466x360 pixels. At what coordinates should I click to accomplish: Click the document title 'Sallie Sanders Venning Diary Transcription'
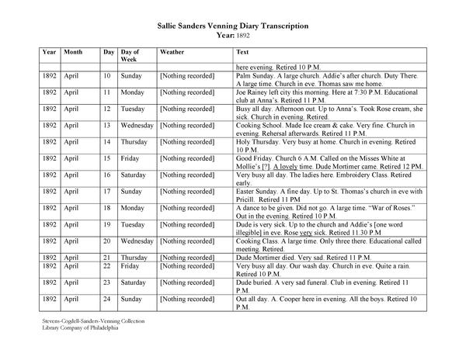(233, 26)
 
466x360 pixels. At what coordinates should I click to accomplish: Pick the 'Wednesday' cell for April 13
(137, 124)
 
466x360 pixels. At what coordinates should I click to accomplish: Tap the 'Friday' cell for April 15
(131, 157)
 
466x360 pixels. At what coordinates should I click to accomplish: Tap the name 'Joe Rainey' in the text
(254, 91)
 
